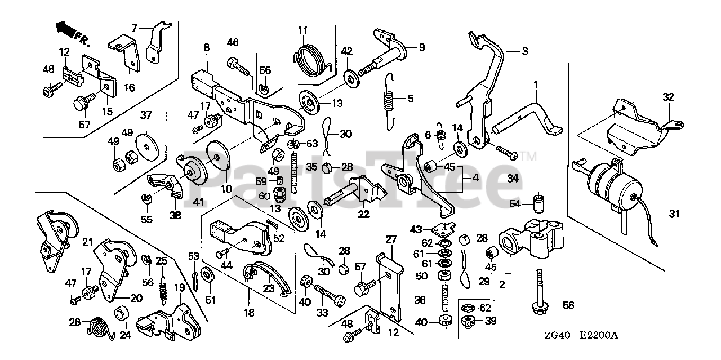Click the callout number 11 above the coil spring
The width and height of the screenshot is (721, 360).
point(303,30)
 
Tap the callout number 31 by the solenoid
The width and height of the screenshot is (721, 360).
point(675,214)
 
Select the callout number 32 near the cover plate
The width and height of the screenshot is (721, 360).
point(668,97)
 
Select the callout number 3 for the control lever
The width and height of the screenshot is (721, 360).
point(524,51)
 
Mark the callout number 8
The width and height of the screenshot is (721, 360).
point(206,47)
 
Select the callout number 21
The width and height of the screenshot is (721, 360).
point(87,242)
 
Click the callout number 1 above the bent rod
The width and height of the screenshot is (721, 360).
point(536,85)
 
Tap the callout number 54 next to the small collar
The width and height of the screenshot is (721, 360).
point(515,203)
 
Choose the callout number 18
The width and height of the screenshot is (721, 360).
point(248,312)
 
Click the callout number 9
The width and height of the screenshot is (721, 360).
point(422,47)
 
